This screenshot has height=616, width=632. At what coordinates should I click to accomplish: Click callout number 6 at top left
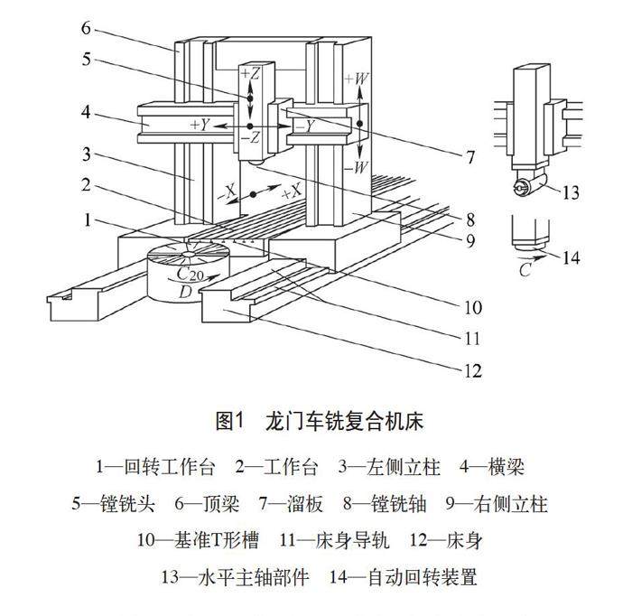[86, 28]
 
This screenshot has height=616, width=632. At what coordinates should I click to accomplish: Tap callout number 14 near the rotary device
[569, 257]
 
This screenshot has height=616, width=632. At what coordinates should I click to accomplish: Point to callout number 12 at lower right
[470, 370]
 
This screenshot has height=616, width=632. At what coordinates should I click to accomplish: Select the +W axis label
[357, 79]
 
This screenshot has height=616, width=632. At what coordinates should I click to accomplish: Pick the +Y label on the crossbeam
[200, 125]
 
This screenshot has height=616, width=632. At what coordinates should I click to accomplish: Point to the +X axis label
[291, 193]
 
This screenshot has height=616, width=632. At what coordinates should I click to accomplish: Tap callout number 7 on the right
[470, 157]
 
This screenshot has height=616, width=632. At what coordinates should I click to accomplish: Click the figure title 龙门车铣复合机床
[344, 421]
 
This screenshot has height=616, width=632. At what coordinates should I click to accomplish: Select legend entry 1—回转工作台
[155, 467]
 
